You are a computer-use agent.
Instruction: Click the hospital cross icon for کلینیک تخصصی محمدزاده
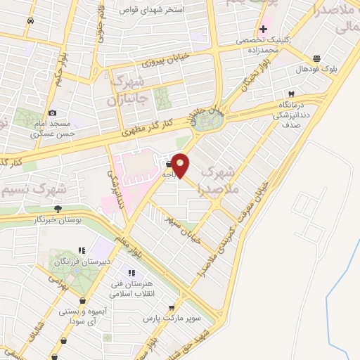click(263, 29)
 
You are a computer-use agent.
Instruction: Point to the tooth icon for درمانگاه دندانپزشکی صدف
click(290, 94)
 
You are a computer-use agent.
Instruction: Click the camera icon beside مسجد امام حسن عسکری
click(52, 112)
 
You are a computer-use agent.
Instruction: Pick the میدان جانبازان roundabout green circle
click(206, 121)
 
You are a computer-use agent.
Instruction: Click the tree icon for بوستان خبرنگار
click(58, 209)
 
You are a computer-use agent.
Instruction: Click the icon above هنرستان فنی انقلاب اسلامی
click(130, 274)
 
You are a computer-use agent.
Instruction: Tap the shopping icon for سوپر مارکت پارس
click(172, 307)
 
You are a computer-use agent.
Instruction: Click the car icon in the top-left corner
click(30, 21)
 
